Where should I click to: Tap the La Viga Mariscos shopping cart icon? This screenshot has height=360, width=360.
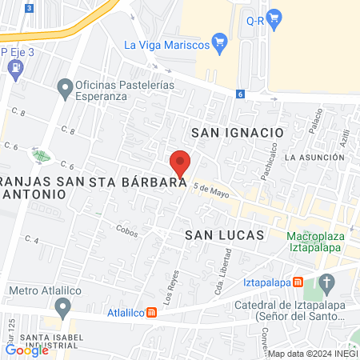pos(220,42)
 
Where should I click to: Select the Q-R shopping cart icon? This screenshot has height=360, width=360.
pos(274,16)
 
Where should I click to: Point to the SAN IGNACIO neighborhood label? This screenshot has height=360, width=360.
pos(238,131)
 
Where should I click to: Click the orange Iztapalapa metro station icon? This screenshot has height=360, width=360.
pos(298,282)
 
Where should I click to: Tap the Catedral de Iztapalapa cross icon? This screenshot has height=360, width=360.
pos(326,282)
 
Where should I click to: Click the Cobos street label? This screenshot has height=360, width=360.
pos(126,228)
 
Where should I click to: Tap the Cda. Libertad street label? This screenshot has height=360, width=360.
pos(226,276)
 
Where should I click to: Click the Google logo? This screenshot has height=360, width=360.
pos(26,350)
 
